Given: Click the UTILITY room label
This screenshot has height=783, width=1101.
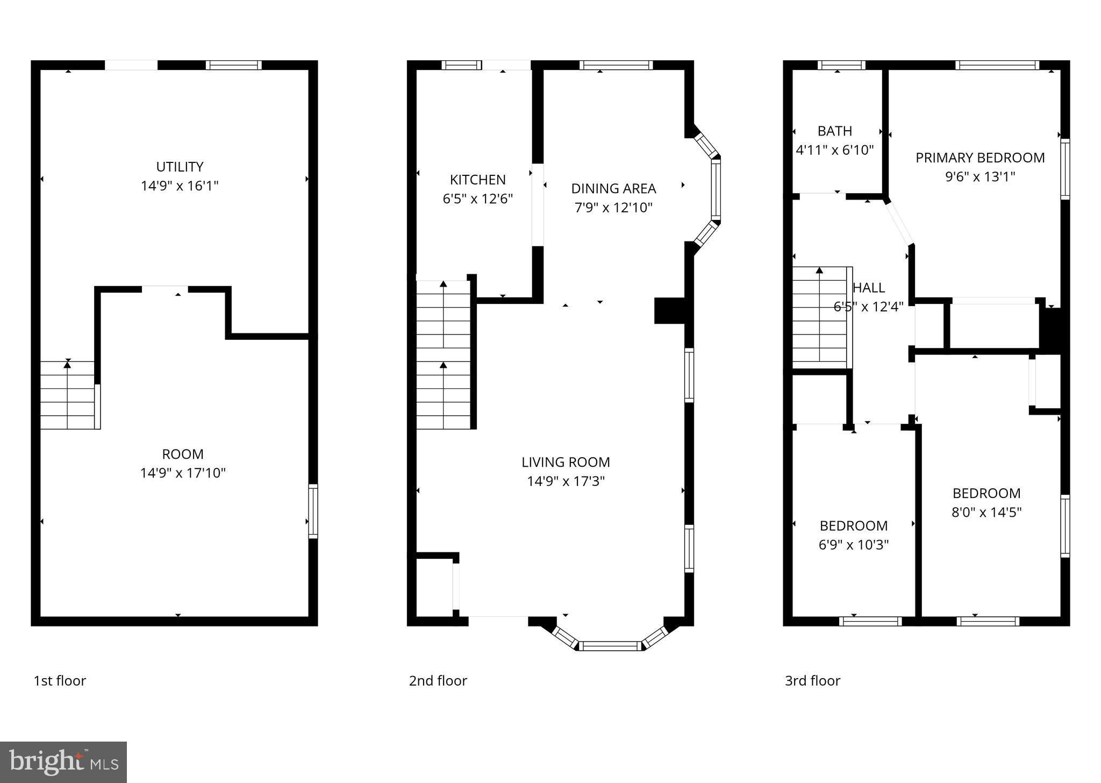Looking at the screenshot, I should pos(180,167).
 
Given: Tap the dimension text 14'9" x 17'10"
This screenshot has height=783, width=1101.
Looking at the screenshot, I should pos(183,473).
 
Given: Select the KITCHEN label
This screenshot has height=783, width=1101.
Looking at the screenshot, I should pos(477,180).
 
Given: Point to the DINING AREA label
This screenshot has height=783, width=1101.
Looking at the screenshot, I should pos(613,189).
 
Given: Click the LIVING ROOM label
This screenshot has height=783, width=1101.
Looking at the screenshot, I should pos(566,462).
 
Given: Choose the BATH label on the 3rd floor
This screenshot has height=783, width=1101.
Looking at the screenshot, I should pos(834,131).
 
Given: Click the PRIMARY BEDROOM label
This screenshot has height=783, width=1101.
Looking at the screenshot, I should pos(980,158).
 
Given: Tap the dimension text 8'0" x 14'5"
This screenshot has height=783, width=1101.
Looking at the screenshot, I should pos(986,512).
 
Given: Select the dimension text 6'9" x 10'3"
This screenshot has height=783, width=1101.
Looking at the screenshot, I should pos(853,545).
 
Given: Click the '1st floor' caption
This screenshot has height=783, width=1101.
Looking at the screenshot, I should pos(60,681).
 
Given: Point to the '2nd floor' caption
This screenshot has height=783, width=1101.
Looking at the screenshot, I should pos(438,681).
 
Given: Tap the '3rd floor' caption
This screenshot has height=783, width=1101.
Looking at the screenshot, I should pos(812,681).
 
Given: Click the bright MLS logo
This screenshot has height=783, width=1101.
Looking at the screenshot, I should pos(63,762).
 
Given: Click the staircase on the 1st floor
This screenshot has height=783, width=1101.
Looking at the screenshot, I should pos(68,395).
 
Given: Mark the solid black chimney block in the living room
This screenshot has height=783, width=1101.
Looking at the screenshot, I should pos(669,311).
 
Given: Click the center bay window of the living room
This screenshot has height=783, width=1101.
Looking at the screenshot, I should pos(610,646).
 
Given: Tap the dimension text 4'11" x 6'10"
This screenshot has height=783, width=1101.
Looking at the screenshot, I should pos(834,150).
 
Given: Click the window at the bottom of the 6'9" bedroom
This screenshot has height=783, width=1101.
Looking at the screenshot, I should pos(870,621).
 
